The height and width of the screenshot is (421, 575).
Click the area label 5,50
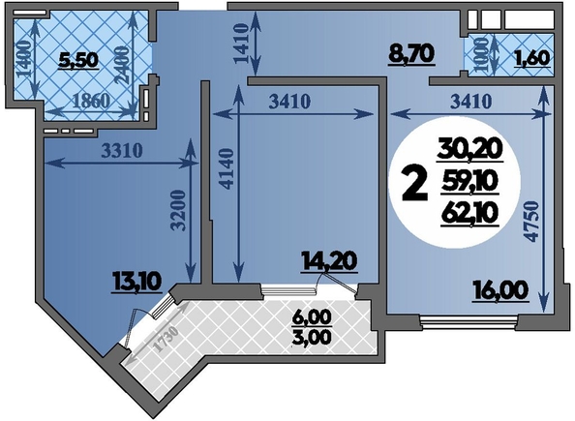coord(78,61)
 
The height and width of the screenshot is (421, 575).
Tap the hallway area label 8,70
coord(411,55)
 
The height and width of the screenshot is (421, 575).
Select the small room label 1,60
coord(534,58)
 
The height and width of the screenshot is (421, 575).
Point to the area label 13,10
coord(137,283)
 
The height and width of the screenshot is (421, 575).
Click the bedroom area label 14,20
coord(329,262)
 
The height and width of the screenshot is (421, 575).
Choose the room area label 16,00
coord(500,290)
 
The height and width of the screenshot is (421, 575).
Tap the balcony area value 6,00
coord(312,317)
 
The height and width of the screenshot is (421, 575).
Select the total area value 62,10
coord(469,214)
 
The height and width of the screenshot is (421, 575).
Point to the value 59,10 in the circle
coord(469,182)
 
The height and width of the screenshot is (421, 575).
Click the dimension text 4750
coord(532,221)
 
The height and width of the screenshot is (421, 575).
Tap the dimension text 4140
coord(227,168)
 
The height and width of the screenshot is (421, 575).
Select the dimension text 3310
coord(122,150)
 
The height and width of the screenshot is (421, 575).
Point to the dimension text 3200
coord(179,210)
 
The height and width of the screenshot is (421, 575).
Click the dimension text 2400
coord(122,65)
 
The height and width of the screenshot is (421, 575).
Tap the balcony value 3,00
coord(312,337)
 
